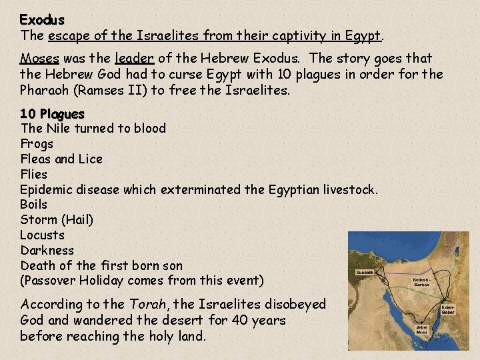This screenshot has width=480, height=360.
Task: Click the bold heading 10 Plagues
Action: click(52, 113)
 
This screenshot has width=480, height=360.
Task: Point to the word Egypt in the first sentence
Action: click(359, 35)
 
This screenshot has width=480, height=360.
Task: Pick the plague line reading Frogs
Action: click(37, 143)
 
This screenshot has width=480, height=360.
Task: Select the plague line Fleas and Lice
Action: click(61, 159)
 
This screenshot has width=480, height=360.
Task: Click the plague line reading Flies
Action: click(35, 174)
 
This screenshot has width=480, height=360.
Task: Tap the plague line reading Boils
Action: click(34, 205)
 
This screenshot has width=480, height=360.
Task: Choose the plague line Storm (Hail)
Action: click(57, 220)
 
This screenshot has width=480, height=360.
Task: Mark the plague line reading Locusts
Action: click(42, 235)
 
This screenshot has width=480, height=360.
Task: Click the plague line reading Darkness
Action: click(47, 251)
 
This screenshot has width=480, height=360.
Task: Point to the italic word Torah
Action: click(154, 305)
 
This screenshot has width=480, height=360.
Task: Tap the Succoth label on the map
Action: click(365, 273)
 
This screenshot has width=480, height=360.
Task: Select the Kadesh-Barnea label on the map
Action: click(421, 281)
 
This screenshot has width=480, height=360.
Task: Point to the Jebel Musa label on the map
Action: click(424, 331)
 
